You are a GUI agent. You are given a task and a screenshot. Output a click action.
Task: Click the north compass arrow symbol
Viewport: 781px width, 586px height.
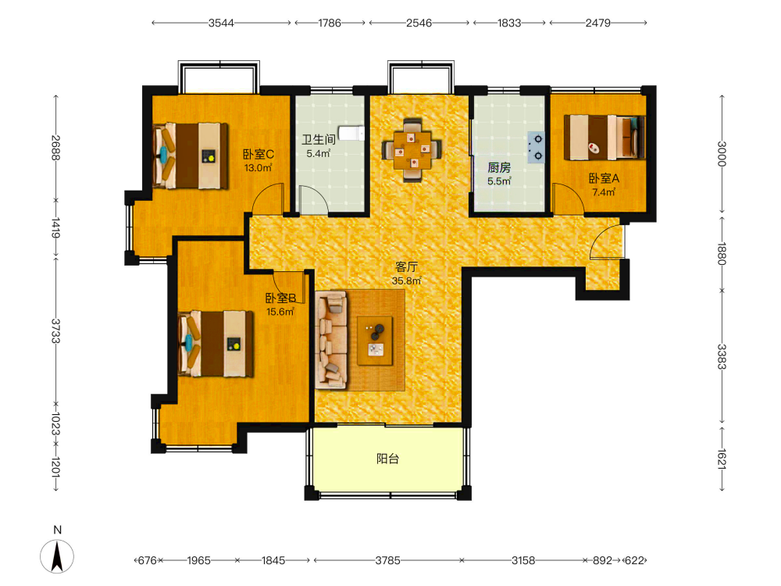pos(57,556)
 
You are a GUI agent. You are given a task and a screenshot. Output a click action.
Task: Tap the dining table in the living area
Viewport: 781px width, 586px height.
pos(412,149)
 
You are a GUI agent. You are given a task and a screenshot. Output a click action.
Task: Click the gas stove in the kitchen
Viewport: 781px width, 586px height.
pos(536,148)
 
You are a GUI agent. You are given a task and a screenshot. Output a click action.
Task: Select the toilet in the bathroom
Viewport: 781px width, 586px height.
pos(351,134)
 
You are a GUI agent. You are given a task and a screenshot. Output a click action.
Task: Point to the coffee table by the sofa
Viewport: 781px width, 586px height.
pos(375,341)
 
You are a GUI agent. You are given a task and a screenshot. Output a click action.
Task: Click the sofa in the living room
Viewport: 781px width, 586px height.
pos(331,341)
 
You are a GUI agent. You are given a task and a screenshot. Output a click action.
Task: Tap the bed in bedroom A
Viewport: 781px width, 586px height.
pos(604,137)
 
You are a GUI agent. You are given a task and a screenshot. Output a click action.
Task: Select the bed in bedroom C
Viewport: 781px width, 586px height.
pos(191,156)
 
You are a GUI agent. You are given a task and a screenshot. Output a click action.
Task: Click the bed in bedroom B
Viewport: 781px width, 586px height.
pos(216,343)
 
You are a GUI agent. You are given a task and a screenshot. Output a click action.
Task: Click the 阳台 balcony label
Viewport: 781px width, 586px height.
pos(387,459)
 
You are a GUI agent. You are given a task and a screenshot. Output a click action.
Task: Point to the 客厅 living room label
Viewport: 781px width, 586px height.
pos(406,267)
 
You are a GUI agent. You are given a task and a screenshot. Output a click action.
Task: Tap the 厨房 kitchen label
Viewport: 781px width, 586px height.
pos(499,168)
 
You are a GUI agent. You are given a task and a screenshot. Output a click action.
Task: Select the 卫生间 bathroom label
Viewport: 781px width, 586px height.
pos(319,140)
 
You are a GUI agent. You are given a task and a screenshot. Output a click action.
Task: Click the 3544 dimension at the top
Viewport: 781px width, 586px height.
pos(221,23)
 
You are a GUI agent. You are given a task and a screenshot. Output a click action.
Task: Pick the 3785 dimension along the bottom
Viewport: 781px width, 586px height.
pos(387,560)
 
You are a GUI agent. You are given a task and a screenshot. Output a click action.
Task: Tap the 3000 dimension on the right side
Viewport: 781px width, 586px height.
pos(722,153)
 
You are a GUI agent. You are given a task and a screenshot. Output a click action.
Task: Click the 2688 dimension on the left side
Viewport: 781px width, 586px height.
pos(55,148)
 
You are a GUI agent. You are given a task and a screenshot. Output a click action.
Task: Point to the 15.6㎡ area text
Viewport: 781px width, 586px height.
pos(280,312)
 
